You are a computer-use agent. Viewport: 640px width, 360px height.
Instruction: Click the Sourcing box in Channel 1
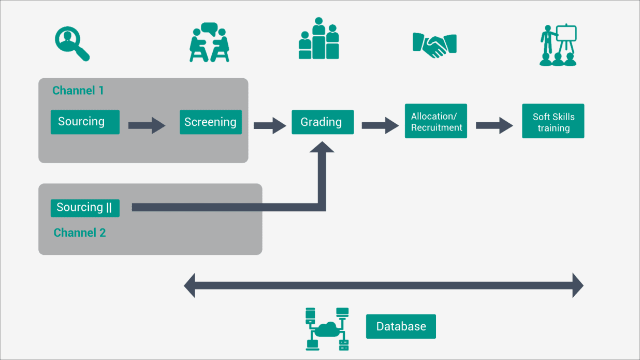[x=85, y=122]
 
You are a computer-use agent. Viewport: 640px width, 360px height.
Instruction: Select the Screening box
[x=211, y=122]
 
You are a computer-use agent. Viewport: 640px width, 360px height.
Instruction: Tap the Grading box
[x=323, y=122]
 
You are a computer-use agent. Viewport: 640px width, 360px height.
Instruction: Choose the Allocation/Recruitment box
[x=435, y=121]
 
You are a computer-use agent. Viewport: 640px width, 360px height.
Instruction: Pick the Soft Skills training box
[x=553, y=121]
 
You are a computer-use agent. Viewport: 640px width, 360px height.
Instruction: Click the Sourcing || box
[x=85, y=208]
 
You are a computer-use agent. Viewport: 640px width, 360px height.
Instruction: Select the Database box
[x=401, y=326]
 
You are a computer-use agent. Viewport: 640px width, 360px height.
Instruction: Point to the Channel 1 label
[x=78, y=91]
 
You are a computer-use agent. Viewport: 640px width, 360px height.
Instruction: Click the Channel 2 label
[x=80, y=233]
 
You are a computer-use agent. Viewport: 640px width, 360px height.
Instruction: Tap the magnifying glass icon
[x=72, y=44]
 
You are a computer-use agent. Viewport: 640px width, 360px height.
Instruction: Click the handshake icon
[x=434, y=45]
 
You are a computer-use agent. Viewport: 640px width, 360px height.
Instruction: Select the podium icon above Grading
[x=318, y=38]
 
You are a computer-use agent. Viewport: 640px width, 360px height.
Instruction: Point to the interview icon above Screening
[x=209, y=42]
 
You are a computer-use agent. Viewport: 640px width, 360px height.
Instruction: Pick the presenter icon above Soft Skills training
[x=558, y=45]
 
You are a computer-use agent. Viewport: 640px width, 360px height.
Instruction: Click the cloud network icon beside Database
[x=327, y=329]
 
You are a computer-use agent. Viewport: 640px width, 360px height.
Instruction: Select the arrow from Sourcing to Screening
[x=147, y=125]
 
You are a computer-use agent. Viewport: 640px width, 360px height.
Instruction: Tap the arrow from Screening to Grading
[x=270, y=125]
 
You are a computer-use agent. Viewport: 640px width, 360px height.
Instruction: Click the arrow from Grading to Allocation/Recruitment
[x=380, y=125]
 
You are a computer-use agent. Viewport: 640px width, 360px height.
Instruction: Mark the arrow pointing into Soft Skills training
[x=494, y=125]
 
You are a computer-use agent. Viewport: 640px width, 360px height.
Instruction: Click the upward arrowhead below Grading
[x=322, y=147]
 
